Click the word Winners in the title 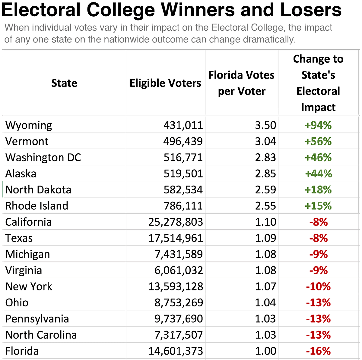[198, 10]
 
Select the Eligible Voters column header [165, 83]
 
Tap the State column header [64, 83]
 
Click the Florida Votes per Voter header [242, 83]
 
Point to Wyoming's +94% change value [318, 125]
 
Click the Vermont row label [27, 141]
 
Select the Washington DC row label [43, 158]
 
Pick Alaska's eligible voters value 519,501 [183, 174]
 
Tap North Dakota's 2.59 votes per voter [265, 190]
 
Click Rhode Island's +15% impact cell [318, 206]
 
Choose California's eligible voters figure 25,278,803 [176, 222]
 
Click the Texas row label [19, 238]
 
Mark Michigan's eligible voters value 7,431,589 [179, 254]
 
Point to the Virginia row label [24, 271]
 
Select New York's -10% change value [318, 286]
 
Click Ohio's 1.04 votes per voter [265, 303]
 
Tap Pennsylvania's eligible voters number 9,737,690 [179, 319]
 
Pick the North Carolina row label [41, 335]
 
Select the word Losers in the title [311, 10]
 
